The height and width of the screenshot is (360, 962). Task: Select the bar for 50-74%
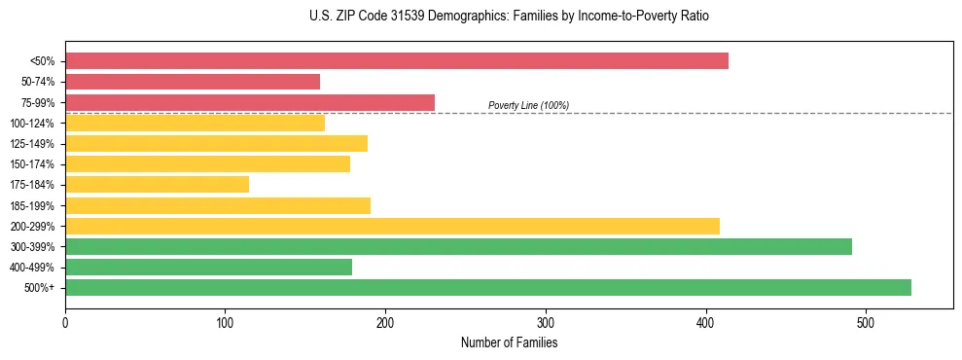pos(193,82)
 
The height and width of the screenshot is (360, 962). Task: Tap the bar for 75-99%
pos(250,102)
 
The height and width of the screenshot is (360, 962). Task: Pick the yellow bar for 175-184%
pos(157,185)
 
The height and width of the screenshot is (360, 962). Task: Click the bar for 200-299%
pos(392,226)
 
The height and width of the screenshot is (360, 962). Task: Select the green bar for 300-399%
pos(458,247)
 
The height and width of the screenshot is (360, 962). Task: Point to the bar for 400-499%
pos(208,268)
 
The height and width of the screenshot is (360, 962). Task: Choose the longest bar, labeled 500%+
pos(488,288)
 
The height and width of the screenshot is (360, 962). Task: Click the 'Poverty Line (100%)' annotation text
pos(528,105)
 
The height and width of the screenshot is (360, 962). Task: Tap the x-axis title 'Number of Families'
pos(509,342)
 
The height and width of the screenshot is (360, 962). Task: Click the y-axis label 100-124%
pos(32,124)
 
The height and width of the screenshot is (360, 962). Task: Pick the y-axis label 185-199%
pos(32,206)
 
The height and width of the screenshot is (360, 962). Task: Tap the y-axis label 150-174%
pos(32,164)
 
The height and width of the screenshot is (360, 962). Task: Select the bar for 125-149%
pos(216,144)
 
